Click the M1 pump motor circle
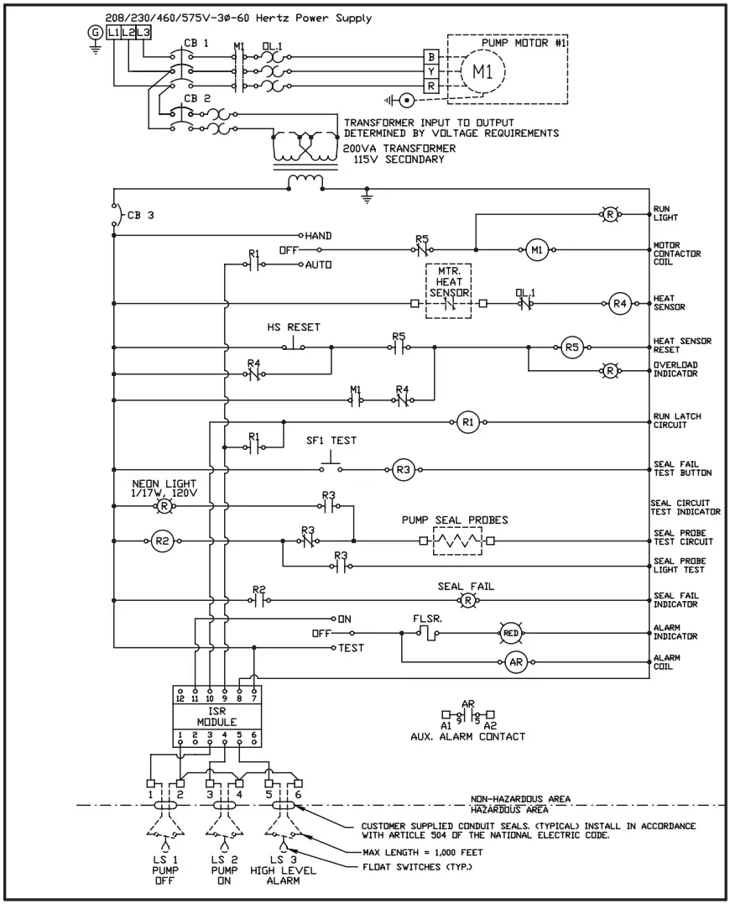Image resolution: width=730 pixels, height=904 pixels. [x=482, y=71]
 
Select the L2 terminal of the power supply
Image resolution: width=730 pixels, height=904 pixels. [x=128, y=32]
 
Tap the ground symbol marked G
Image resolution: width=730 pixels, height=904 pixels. [x=94, y=32]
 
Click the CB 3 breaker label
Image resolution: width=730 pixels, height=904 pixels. [x=140, y=214]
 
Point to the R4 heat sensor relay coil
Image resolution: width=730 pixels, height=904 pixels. [x=619, y=303]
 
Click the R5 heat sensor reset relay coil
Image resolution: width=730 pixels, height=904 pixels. [x=571, y=346]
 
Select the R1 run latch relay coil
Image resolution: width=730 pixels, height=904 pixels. [x=468, y=423]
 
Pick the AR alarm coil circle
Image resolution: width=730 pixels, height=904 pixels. [x=516, y=662]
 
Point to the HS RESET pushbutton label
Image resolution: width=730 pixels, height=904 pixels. [x=292, y=327]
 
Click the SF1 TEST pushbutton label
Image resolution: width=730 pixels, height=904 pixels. [x=331, y=440]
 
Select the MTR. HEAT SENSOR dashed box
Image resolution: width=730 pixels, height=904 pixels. [x=448, y=290]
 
